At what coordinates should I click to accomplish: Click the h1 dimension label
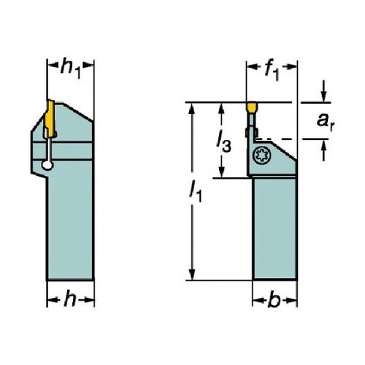coord(71,68)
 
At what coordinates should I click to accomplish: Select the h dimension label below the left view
coord(70,298)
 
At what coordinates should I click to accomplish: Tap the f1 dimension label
coord(272,70)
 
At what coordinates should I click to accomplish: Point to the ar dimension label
coord(326,121)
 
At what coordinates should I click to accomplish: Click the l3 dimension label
coord(224,144)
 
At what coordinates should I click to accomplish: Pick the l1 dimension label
coord(196,192)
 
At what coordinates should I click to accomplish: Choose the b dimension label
coord(274,300)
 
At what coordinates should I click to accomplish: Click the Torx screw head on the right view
coord(262,155)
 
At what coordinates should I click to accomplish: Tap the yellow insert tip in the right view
coord(252,108)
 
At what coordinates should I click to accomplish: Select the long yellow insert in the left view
coord(50,118)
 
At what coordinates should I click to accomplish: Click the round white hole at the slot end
coord(47,166)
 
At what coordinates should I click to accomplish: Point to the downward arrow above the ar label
coord(323,91)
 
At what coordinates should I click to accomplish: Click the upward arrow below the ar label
coord(323,150)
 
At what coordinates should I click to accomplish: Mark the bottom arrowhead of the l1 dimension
coord(192,274)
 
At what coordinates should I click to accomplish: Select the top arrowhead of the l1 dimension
coord(192,109)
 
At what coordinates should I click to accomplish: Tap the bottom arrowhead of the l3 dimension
coord(221,172)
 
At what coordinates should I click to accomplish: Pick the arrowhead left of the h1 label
coord(53,65)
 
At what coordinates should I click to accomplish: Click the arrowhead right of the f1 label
coord(291,66)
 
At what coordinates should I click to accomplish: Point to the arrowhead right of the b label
coord(291,301)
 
